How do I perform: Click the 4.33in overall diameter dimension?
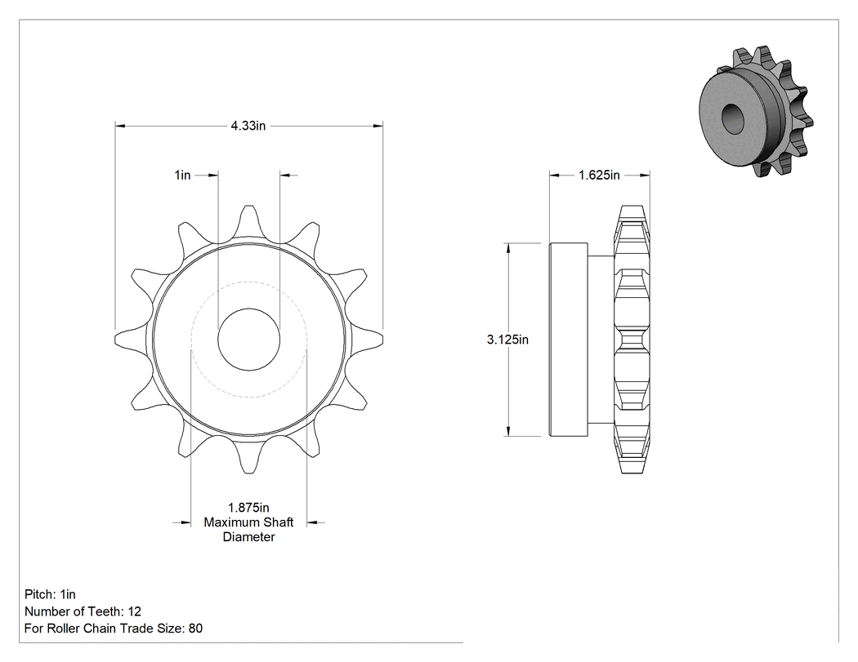tap(248, 126)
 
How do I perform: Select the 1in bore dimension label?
tap(183, 175)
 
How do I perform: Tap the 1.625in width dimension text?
tap(599, 175)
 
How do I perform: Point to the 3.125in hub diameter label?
tap(507, 340)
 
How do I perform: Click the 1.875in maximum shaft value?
tap(248, 508)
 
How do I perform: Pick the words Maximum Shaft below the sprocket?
tap(248, 522)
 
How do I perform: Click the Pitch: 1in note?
tap(50, 594)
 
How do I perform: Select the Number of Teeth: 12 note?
tap(83, 611)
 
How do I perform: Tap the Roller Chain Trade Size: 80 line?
tap(114, 628)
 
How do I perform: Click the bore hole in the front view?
tap(249, 339)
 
